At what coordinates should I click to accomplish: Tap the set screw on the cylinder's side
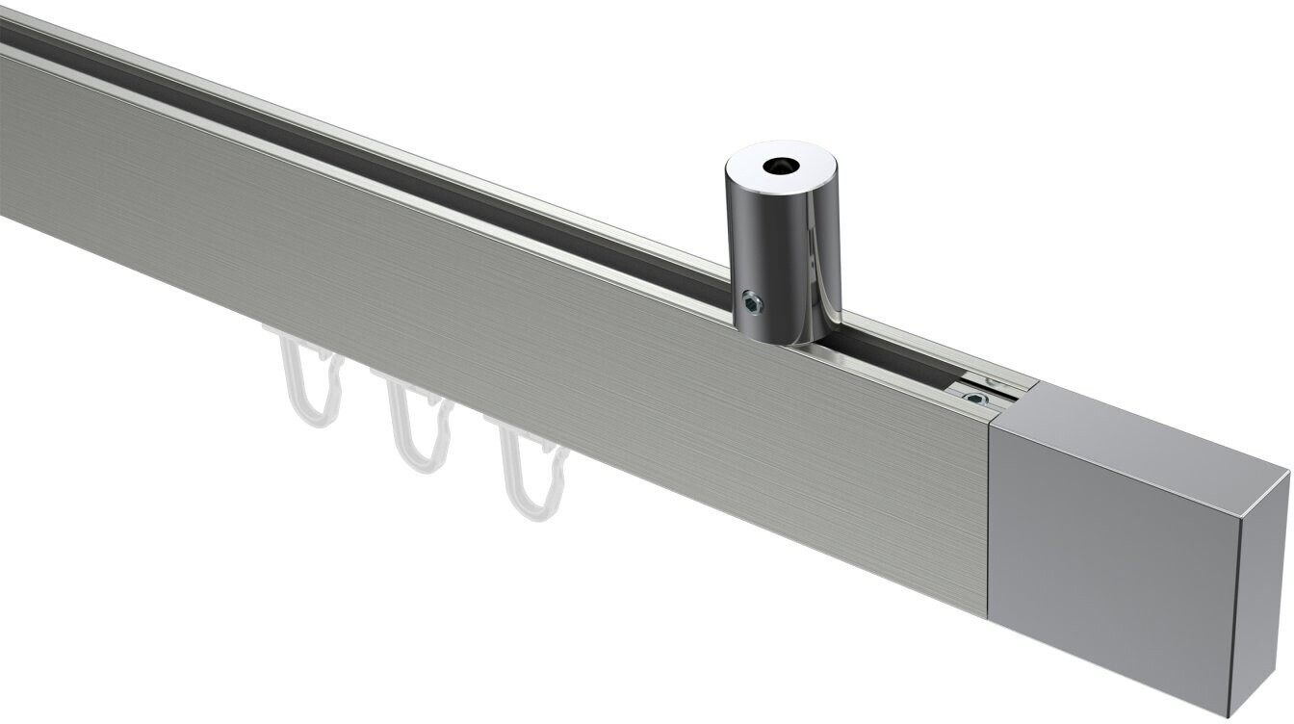tap(750, 304)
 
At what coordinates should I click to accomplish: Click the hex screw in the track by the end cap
tap(978, 396)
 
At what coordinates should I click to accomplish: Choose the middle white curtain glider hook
tap(414, 424)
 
